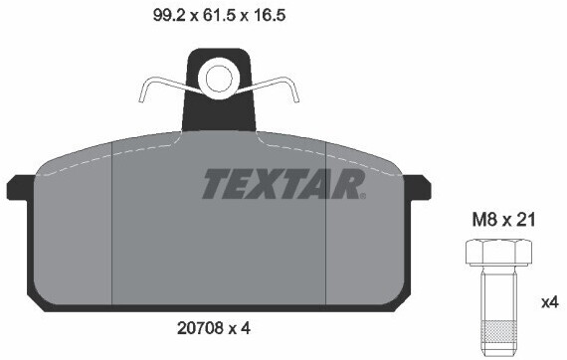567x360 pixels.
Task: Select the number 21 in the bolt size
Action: [526, 221]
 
